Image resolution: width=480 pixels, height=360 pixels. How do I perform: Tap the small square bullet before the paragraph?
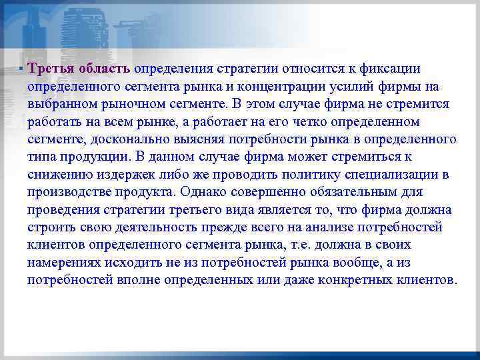coord(21,69)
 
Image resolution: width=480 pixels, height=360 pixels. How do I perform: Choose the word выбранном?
coord(58,105)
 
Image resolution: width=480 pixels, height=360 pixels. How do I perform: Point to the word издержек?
coord(120,174)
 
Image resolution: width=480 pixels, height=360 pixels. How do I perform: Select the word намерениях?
coord(63,261)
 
